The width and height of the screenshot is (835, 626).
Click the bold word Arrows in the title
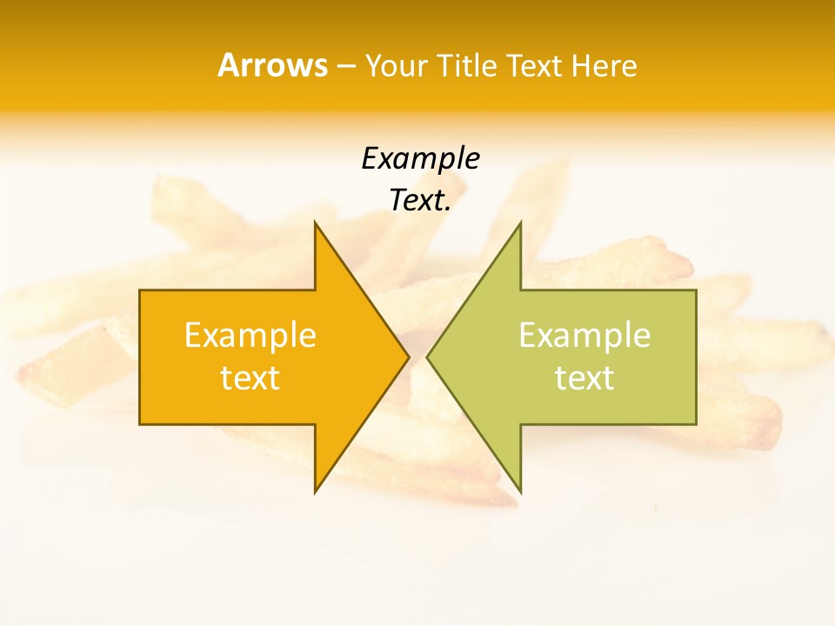[272, 65]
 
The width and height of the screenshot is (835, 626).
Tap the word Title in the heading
[466, 66]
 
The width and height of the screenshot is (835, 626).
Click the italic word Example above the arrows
[420, 159]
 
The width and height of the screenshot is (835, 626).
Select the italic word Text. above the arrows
[420, 201]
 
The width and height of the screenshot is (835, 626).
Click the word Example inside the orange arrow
[250, 336]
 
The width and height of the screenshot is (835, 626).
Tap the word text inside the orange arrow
[250, 378]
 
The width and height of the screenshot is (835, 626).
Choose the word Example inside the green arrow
[584, 336]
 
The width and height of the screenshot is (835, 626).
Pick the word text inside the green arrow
[584, 378]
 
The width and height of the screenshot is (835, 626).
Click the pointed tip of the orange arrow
[408, 356]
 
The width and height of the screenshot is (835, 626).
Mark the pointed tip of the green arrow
[428, 356]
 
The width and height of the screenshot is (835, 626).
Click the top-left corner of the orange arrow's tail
[141, 290]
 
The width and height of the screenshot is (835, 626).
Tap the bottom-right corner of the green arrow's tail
[696, 423]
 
